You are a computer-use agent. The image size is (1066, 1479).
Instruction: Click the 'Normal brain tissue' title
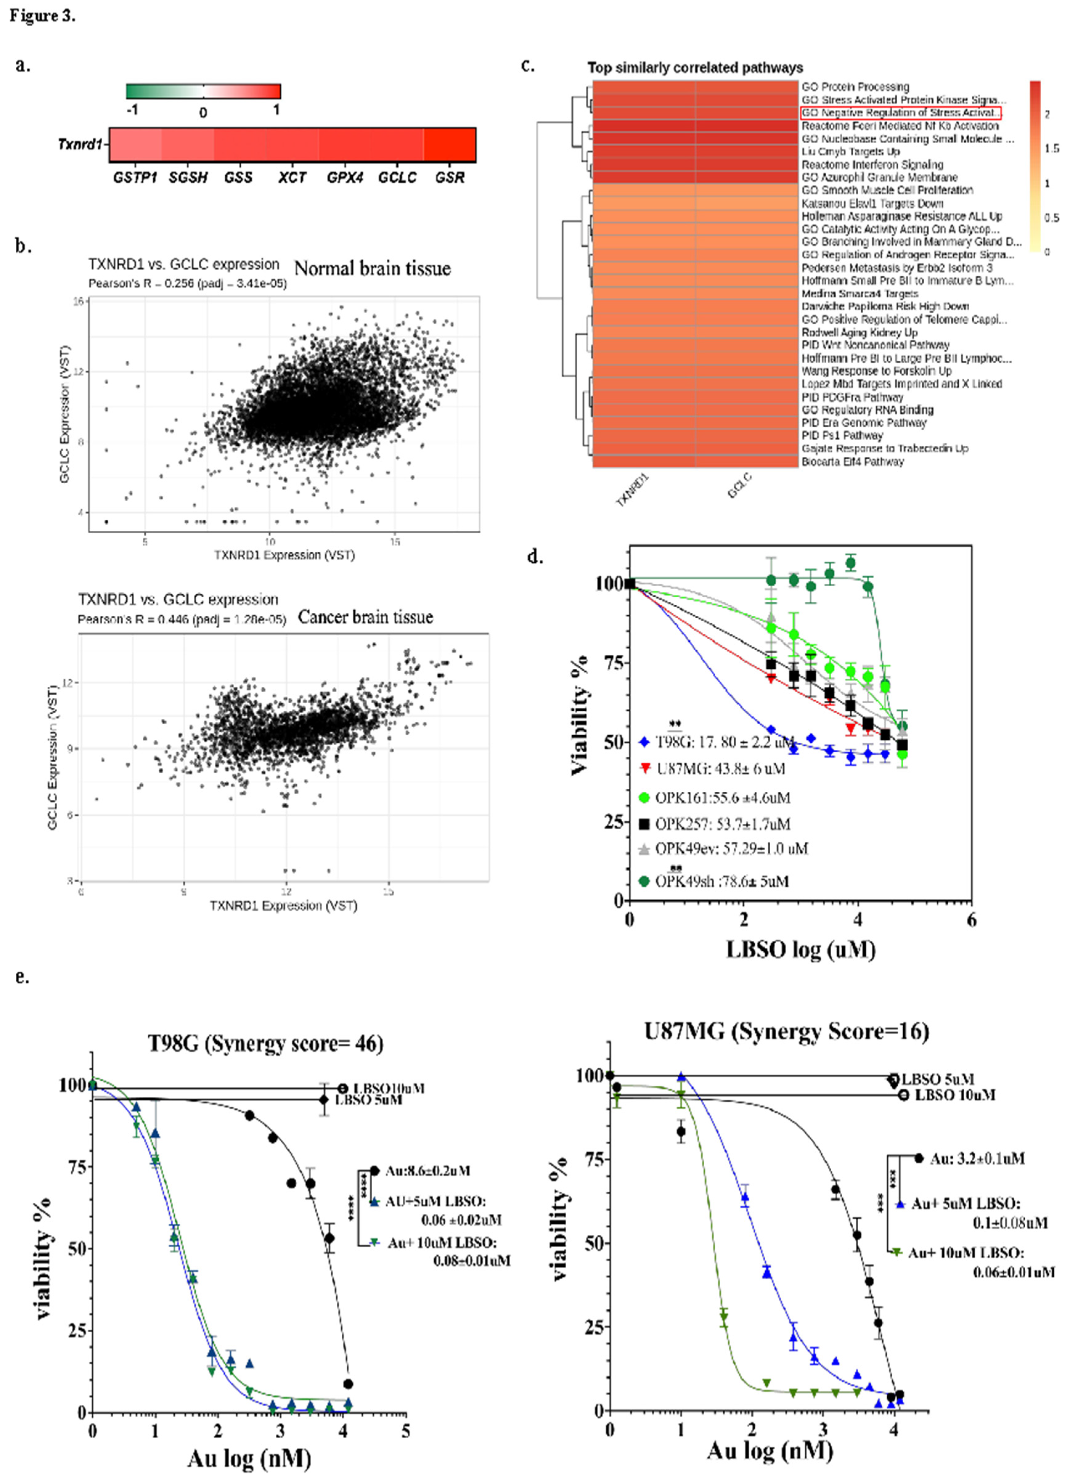(372, 269)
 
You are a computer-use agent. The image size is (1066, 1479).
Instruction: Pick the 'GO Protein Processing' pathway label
(855, 87)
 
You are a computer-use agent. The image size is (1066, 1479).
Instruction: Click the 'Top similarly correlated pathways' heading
(695, 68)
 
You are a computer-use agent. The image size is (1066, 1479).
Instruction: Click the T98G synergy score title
(265, 1043)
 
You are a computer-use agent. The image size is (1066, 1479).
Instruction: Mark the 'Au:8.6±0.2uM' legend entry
(427, 1171)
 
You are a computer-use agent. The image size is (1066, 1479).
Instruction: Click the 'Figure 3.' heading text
(43, 16)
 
